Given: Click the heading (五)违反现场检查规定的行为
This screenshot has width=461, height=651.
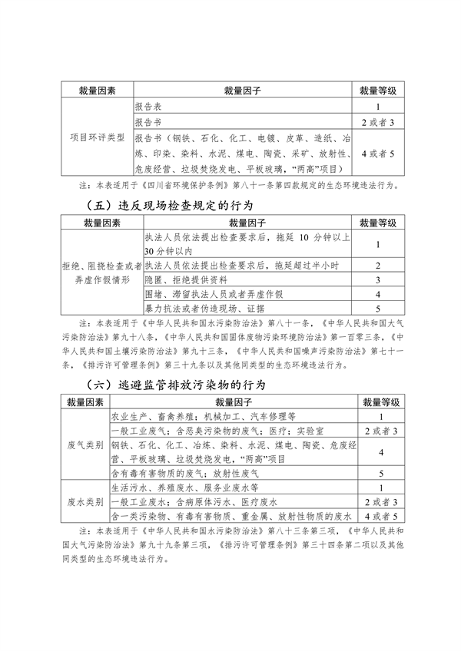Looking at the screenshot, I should point(171,206).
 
